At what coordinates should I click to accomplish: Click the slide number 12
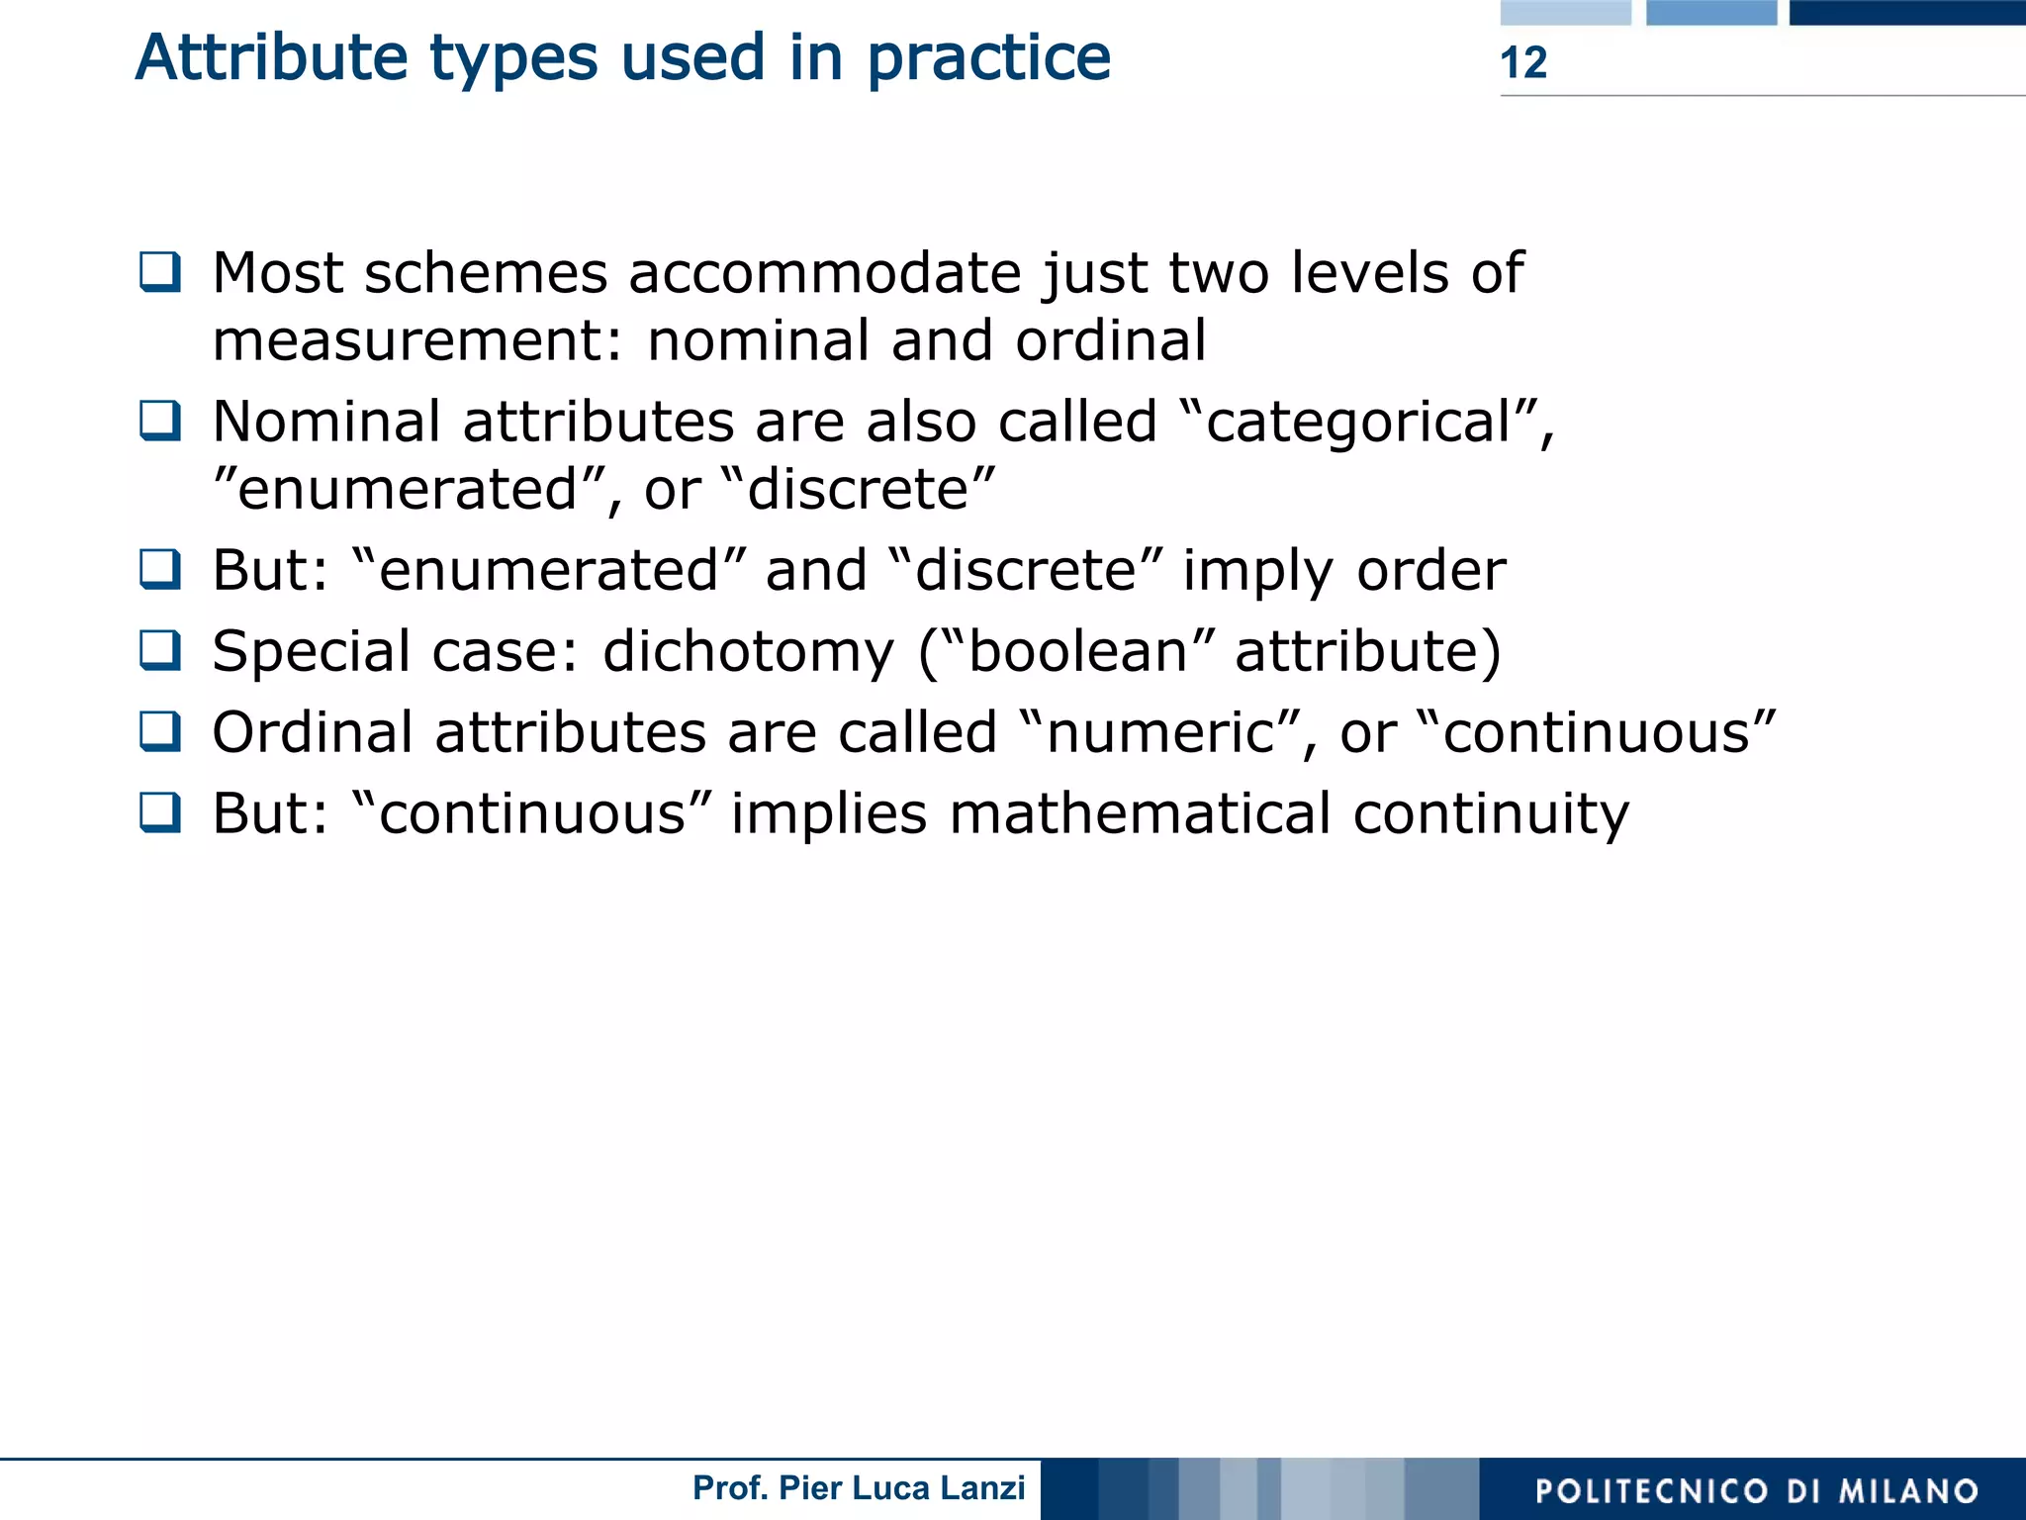click(1522, 62)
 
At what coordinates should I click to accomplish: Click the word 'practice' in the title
click(988, 57)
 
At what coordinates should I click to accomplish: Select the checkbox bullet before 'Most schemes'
click(160, 271)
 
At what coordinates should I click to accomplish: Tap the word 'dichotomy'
click(749, 652)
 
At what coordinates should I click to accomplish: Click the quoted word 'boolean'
click(1077, 651)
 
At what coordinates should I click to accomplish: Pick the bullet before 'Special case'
click(160, 650)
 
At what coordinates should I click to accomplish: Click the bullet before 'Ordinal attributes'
click(160, 731)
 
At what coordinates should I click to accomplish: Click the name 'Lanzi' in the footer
click(980, 1487)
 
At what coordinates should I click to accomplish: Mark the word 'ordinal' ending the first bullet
click(1110, 340)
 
